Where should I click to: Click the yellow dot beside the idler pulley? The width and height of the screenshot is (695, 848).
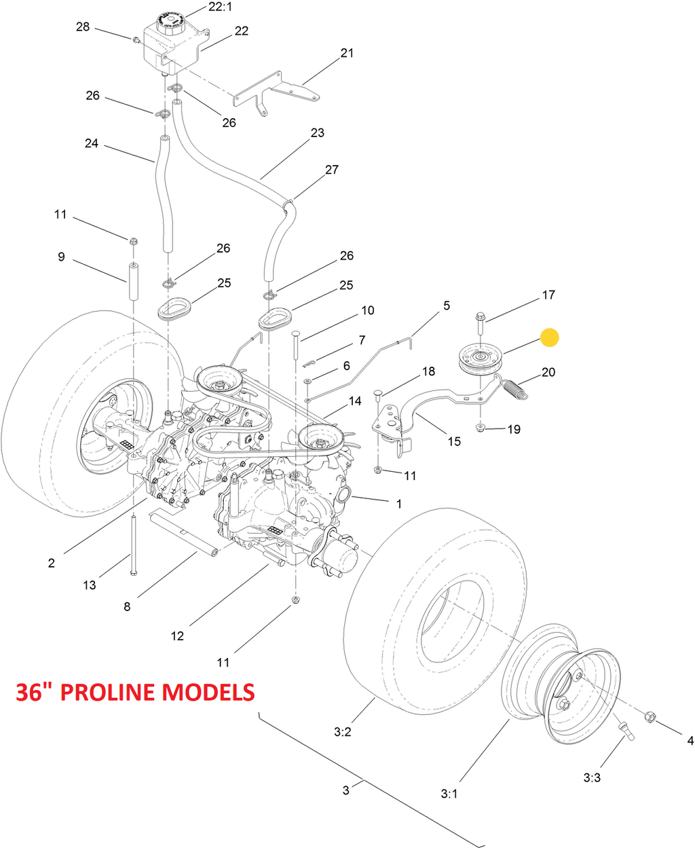(x=549, y=337)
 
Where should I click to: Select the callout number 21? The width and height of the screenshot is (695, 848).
(x=347, y=53)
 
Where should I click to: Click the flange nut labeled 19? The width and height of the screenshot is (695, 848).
(x=481, y=427)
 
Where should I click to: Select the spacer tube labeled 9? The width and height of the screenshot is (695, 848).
(x=133, y=280)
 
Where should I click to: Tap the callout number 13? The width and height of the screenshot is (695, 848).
(x=90, y=585)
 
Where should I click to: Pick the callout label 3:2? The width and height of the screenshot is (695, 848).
(x=343, y=732)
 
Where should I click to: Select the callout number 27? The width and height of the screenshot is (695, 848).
(x=332, y=170)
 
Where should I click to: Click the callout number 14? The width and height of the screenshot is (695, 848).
(x=355, y=401)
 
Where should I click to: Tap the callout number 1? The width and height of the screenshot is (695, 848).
(x=399, y=504)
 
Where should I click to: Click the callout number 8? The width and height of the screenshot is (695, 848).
(x=127, y=607)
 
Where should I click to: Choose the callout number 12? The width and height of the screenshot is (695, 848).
(x=177, y=636)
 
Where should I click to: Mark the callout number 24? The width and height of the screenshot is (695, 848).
(x=92, y=143)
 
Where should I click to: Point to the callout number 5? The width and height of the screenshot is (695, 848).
(x=447, y=306)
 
